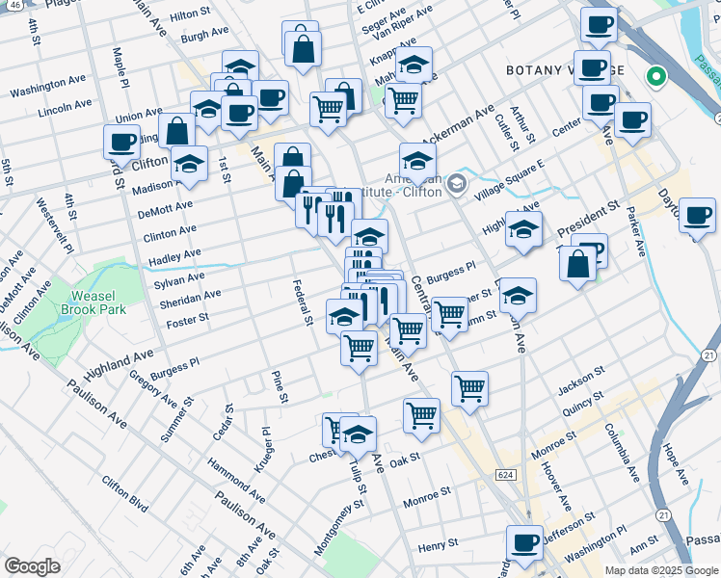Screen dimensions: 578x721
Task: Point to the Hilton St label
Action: [189, 14]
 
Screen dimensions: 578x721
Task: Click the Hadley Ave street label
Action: [174, 257]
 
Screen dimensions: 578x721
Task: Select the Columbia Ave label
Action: [622, 452]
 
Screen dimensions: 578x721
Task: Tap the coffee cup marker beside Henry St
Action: [524, 543]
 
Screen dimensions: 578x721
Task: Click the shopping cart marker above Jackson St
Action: [469, 388]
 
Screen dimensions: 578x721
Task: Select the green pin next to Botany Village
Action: [656, 75]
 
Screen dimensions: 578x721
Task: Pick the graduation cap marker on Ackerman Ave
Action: [417, 160]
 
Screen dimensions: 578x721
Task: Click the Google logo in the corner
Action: [32, 565]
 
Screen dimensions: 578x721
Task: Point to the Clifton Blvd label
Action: [124, 492]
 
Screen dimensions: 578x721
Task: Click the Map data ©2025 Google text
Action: [661, 570]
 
